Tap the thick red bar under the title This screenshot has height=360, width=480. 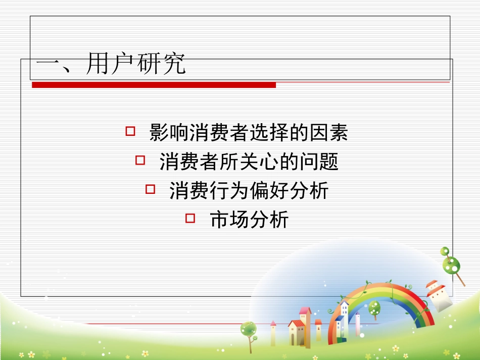[x=154, y=85]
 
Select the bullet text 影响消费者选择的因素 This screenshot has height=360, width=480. [x=249, y=133]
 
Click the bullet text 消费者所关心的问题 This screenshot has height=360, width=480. [x=249, y=162]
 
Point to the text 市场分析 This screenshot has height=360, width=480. [x=249, y=220]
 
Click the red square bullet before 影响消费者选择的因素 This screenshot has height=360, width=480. [x=130, y=132]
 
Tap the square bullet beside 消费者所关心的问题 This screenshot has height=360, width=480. [x=140, y=161]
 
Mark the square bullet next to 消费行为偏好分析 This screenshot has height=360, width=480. [x=150, y=189]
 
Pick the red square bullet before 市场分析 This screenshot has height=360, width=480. [x=190, y=218]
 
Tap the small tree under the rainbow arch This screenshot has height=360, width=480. [x=374, y=308]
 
